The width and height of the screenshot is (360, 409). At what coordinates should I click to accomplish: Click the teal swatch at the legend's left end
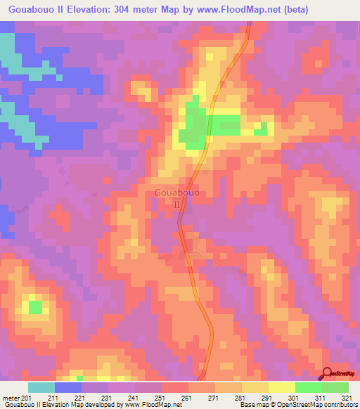coord(41,387)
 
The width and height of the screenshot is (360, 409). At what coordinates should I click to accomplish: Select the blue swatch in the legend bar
coord(68,387)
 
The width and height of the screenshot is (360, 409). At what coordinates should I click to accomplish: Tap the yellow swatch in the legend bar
coord(282,387)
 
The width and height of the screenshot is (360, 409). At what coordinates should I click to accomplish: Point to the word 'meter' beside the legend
coord(10,398)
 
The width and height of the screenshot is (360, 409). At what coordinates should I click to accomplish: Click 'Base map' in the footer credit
coord(250,405)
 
